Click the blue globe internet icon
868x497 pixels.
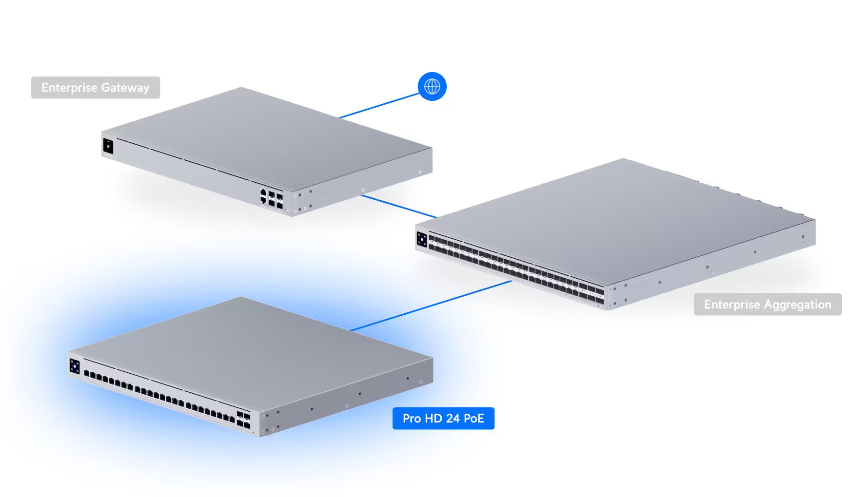(432, 87)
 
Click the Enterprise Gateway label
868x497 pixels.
(96, 88)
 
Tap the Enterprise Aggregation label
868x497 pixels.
(768, 305)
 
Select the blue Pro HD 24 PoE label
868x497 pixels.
(443, 419)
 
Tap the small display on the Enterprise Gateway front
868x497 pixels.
(108, 146)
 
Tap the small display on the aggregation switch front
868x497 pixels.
(422, 240)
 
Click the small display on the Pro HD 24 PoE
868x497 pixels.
(75, 366)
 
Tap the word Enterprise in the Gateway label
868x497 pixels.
(69, 88)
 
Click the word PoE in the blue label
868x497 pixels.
(473, 419)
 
